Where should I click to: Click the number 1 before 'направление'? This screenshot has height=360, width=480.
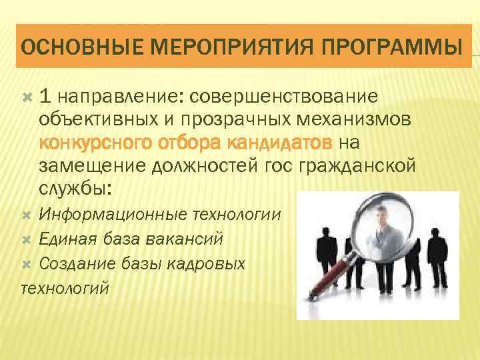(x=44, y=97)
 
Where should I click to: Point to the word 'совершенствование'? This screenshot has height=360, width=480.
(x=285, y=97)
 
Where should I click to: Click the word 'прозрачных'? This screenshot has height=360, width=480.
(x=256, y=120)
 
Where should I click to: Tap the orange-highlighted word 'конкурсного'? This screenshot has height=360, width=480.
(x=96, y=143)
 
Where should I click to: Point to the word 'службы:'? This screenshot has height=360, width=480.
(x=77, y=188)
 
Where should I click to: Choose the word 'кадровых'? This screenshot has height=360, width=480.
(x=209, y=263)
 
